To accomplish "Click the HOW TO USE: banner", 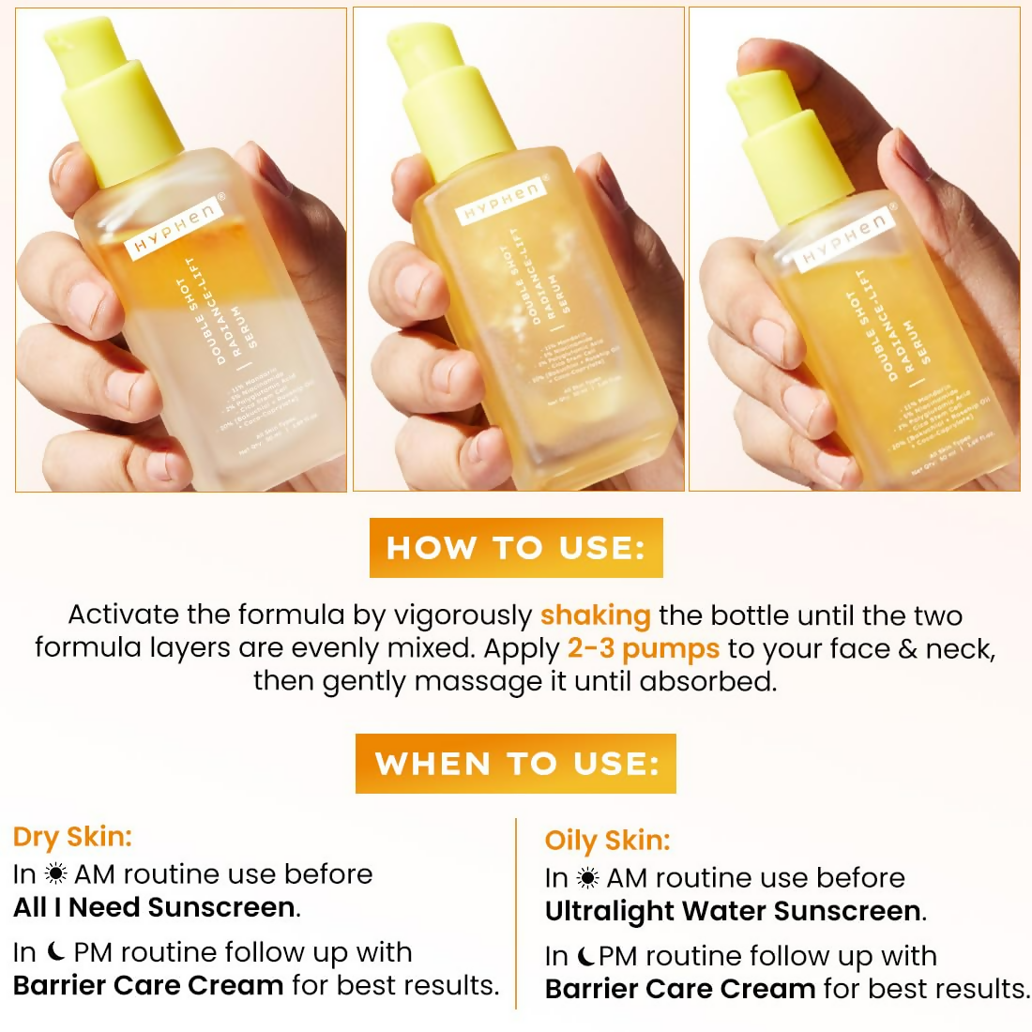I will [x=516, y=548].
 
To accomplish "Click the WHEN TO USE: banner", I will [x=516, y=764].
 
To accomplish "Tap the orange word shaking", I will [x=595, y=615].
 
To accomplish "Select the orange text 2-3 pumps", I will [x=643, y=648].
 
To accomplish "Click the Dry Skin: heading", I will [x=72, y=836].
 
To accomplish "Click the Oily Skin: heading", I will [x=607, y=840].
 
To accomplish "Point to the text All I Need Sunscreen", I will [x=155, y=907].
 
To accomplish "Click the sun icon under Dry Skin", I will [x=55, y=874].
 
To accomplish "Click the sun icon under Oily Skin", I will [x=588, y=878].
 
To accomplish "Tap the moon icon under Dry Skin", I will [x=55, y=952].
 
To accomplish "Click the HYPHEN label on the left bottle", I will [x=176, y=231].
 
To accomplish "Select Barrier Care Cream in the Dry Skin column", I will [x=148, y=985].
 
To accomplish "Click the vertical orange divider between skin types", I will [x=516, y=914].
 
